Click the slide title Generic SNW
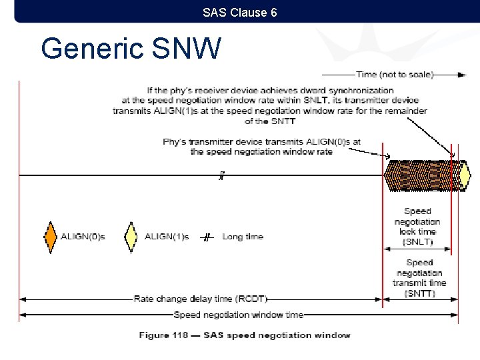[130, 49]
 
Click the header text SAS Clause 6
[240, 12]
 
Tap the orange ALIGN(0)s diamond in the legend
[51, 237]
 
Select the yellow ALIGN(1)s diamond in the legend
[131, 237]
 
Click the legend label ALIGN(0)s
[83, 237]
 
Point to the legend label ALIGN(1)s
[167, 237]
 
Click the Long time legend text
[243, 237]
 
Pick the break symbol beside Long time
[207, 237]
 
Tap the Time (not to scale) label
[395, 75]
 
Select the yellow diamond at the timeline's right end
[465, 175]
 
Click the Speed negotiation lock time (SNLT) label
[417, 226]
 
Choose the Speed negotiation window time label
[238, 315]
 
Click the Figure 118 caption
[244, 335]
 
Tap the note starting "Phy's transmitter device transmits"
[261, 147]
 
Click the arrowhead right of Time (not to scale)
[461, 75]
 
